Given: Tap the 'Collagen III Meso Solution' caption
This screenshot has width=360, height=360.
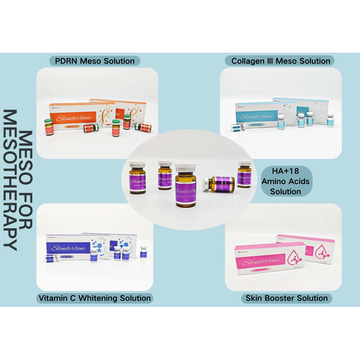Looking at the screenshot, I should (281, 61).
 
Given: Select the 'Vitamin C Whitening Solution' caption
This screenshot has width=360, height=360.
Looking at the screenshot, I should (94, 298).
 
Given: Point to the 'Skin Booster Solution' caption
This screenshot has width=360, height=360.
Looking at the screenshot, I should (287, 298).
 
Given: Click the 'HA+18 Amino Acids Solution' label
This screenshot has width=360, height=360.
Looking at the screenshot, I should (285, 180).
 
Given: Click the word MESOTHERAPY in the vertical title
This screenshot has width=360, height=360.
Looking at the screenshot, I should (10, 180).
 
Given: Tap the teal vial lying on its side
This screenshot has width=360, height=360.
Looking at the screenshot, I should (236, 128).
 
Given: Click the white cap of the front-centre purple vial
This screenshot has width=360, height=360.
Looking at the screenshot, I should (185, 167).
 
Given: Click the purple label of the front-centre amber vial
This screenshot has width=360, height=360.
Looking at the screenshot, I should (186, 189).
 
